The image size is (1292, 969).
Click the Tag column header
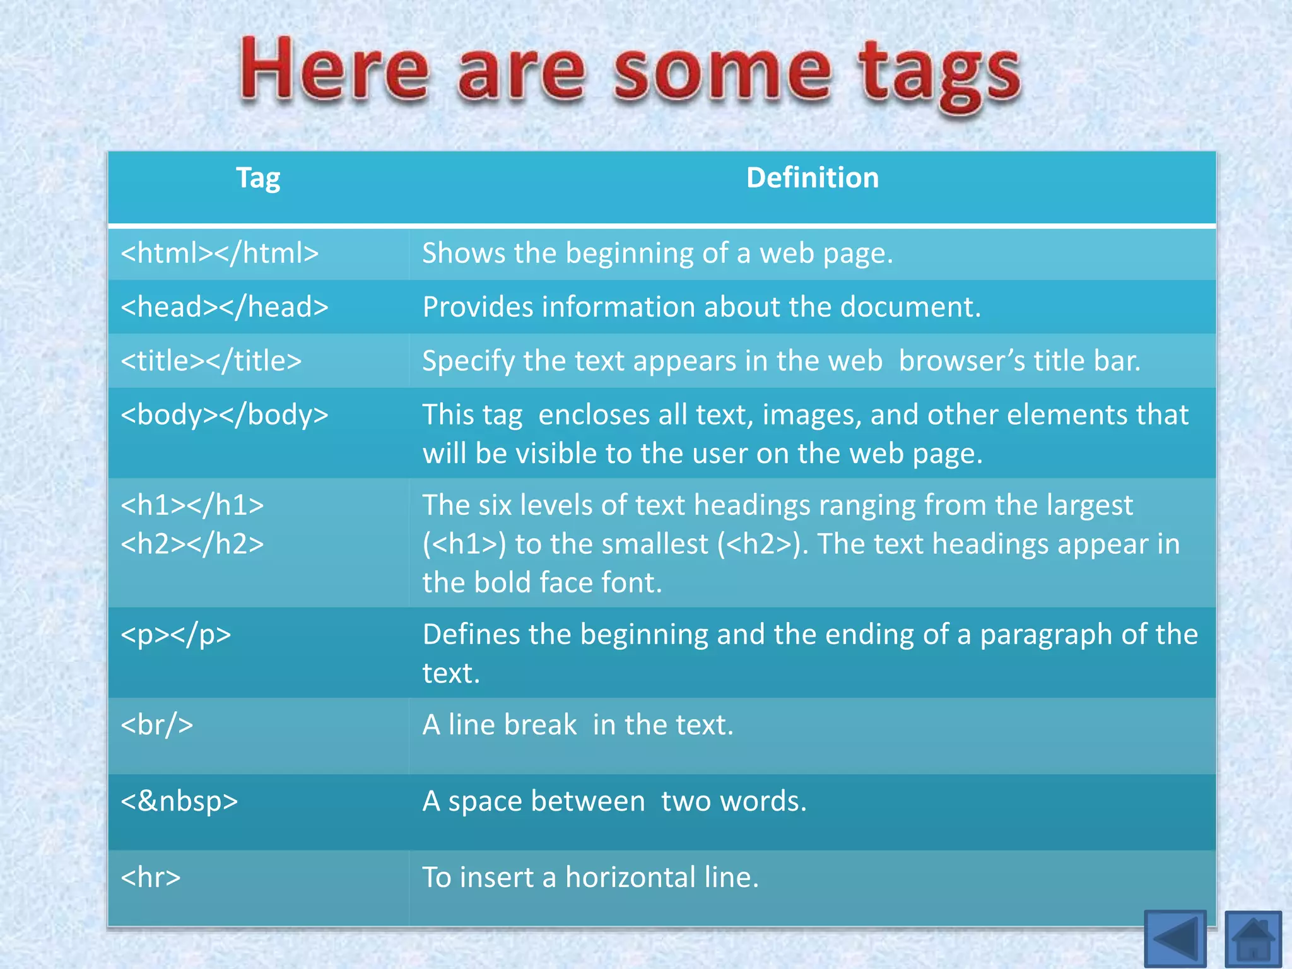[x=258, y=179]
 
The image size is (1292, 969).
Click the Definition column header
[x=812, y=179]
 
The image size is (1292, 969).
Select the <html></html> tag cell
[x=220, y=254]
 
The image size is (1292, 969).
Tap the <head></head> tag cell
[x=225, y=307]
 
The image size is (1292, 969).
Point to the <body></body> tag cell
[x=225, y=415]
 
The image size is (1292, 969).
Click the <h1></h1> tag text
[x=192, y=505]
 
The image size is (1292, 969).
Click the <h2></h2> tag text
[x=192, y=544]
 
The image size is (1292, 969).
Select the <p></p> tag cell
[x=176, y=635]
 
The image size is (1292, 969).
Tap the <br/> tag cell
[x=157, y=725]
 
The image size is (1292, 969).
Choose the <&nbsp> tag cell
[x=179, y=801]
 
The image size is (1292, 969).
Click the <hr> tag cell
[x=151, y=878]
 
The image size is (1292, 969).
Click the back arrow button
[x=1175, y=939]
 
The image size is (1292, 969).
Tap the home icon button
[x=1253, y=939]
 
